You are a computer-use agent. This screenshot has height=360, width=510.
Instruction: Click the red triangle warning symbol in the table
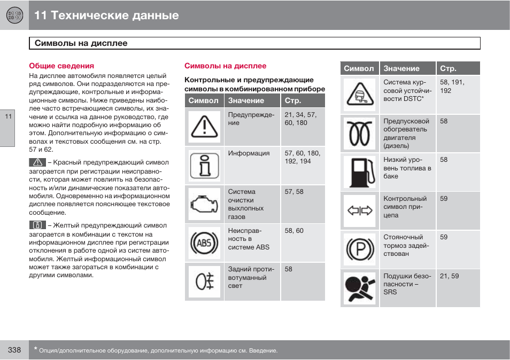[x=204, y=127]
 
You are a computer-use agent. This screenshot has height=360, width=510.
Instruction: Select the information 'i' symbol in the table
[x=204, y=166]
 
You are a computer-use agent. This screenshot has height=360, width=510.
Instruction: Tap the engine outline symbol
[x=204, y=204]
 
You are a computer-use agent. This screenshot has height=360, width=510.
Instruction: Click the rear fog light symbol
[x=204, y=281]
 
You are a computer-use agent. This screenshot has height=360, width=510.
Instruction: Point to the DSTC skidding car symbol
[x=359, y=95]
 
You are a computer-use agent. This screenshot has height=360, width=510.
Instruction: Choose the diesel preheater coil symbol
[x=359, y=133]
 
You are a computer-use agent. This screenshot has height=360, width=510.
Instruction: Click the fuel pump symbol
[x=359, y=172]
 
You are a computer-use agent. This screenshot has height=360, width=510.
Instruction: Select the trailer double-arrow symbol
[x=359, y=210]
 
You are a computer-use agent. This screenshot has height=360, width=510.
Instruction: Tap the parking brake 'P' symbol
[x=359, y=249]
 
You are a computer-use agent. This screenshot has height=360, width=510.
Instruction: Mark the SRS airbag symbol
[x=359, y=288]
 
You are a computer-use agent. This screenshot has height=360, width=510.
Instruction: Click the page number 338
[x=14, y=350]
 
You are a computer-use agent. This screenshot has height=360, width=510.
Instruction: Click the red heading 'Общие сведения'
[x=61, y=66]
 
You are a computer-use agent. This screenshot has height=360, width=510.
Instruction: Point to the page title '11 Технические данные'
[x=106, y=15]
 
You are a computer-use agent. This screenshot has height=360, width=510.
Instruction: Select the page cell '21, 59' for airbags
[x=449, y=276]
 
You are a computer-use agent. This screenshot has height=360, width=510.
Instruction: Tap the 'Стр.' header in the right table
[x=448, y=68]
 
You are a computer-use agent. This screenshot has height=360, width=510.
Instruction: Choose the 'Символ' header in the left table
[x=203, y=100]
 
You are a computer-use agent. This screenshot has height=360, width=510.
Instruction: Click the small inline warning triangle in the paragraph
[x=37, y=162]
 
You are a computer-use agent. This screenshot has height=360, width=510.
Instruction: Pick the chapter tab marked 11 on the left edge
[x=7, y=118]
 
